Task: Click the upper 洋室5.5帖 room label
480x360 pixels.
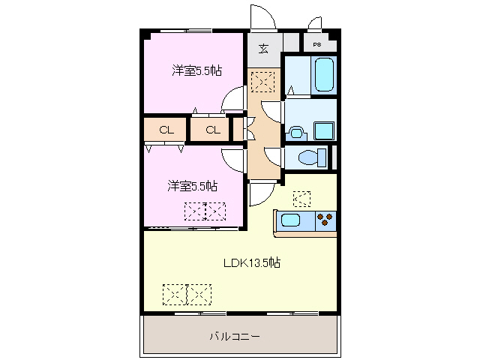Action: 196,71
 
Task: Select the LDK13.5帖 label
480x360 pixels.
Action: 251,262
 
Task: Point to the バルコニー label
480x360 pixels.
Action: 235,337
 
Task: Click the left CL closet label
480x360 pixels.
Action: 166,130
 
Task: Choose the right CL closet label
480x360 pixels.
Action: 213,130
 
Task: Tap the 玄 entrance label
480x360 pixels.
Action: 264,50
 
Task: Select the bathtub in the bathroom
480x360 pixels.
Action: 324,74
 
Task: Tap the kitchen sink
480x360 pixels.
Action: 291,220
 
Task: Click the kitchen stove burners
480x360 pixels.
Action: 325,220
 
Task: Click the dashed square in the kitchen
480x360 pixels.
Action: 301,198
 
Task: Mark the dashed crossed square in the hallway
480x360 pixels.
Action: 263,80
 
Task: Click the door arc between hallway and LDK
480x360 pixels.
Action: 262,194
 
